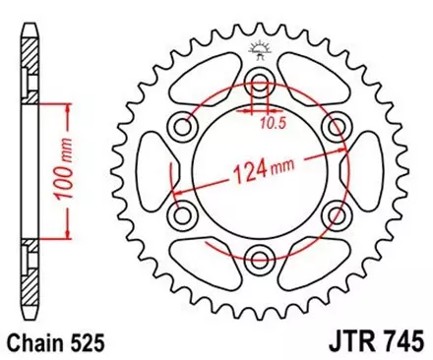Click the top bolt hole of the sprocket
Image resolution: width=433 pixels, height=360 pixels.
(x=261, y=82)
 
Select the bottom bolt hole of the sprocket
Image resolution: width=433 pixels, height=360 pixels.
(x=261, y=259)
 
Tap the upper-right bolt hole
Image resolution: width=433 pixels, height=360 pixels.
(x=337, y=126)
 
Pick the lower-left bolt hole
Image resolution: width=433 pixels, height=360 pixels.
(x=184, y=214)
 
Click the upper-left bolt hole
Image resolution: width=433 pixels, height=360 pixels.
(x=184, y=126)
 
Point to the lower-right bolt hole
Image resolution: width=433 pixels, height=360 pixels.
(x=337, y=214)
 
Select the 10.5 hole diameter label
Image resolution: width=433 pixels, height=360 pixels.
(x=274, y=125)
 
